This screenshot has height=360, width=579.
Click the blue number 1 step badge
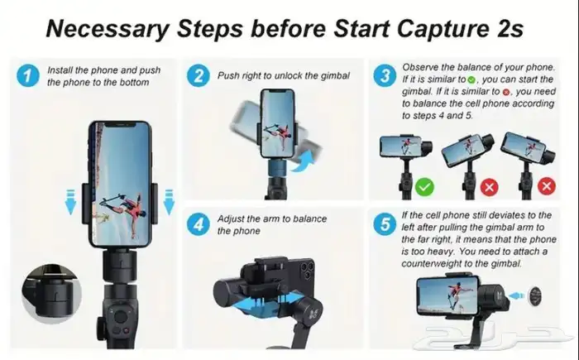coord(28,76)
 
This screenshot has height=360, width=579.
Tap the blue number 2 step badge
coord(199,76)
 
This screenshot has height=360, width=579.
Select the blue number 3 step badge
coord(385,75)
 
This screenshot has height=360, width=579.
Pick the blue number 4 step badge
coord(199,224)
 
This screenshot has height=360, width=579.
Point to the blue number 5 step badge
coord(385,224)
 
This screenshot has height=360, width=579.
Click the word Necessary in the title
coord(108,29)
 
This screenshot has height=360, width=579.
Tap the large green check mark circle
coord(424,187)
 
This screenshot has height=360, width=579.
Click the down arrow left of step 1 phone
coord(70,202)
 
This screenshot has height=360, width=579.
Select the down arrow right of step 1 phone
coord(169,202)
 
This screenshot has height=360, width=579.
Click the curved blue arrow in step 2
coord(303,163)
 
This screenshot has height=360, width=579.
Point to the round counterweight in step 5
coord(535,296)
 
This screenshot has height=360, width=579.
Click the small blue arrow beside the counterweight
coord(516,295)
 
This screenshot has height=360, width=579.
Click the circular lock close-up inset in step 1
coord(51,294)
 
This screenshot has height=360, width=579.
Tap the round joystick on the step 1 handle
coord(121,317)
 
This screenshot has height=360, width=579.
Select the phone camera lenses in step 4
coord(306,271)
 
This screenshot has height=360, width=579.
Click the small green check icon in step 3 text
coord(471,79)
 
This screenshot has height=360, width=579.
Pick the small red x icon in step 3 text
coord(506,93)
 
